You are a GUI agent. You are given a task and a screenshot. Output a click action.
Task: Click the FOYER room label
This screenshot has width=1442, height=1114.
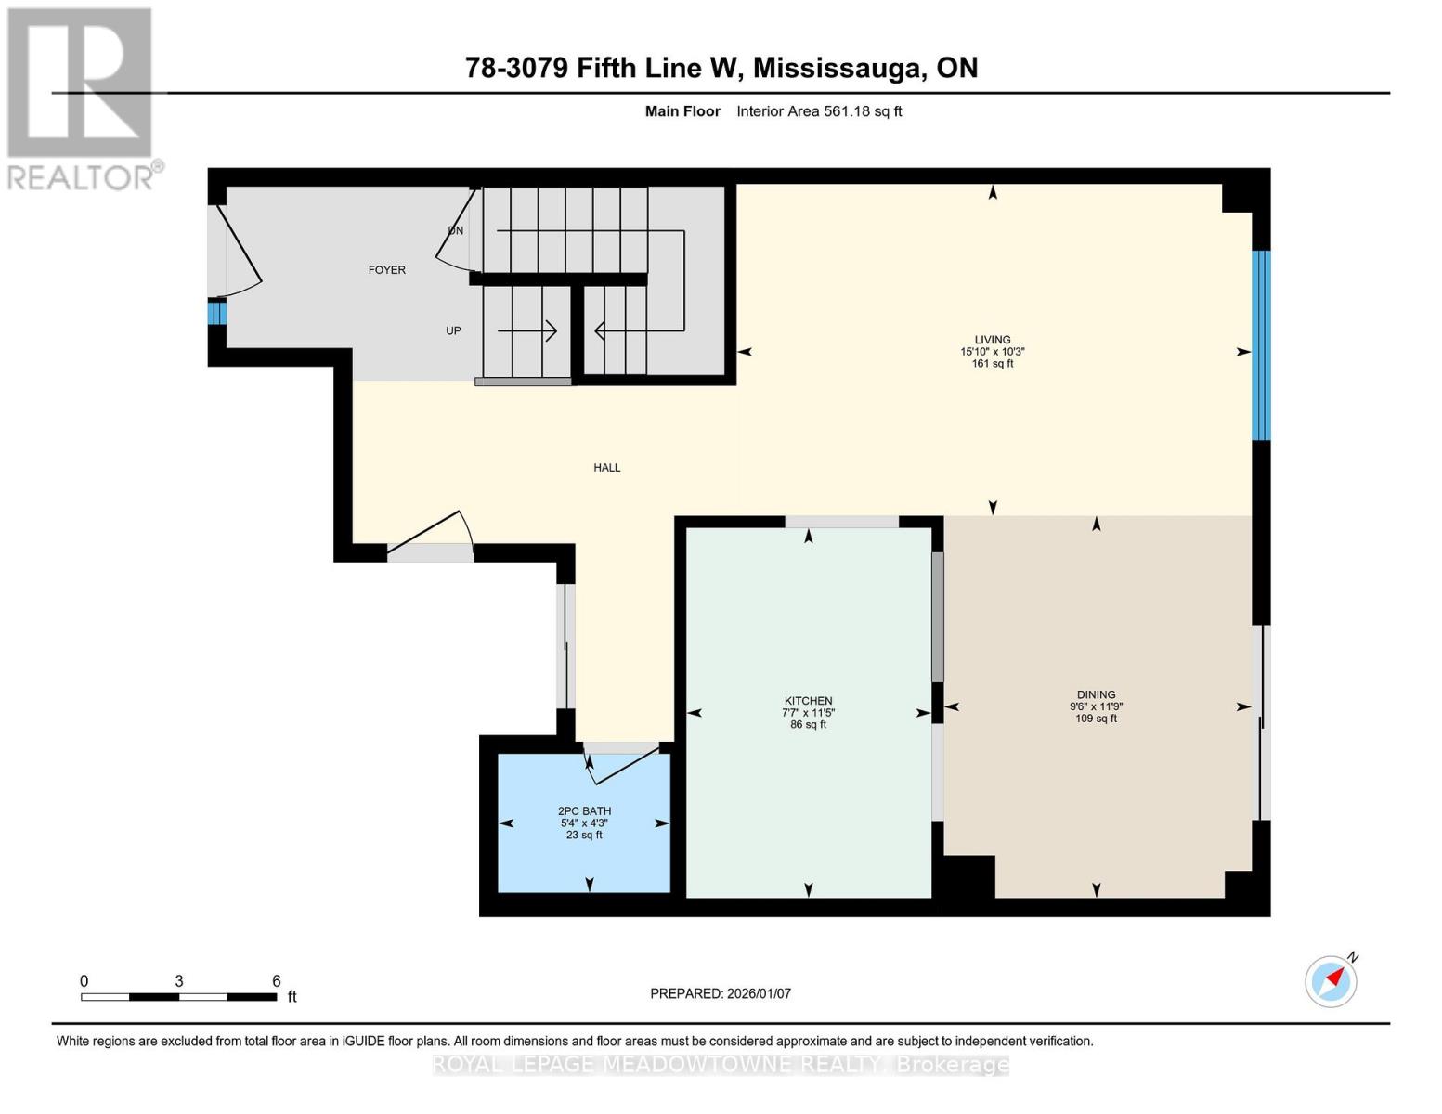386,270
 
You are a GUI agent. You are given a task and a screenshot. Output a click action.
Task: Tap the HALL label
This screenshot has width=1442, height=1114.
606,468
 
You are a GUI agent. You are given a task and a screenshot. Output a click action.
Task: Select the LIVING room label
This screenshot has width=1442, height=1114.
992,340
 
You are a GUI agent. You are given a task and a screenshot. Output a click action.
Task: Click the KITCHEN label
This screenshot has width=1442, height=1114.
808,701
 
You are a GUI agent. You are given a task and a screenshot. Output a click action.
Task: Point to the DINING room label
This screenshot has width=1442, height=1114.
1096,694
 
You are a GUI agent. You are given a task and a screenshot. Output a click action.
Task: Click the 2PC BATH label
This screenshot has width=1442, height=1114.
584,811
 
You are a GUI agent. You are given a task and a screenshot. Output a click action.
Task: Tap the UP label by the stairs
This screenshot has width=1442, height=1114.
453,330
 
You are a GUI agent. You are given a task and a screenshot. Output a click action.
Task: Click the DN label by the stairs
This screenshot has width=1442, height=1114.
456,230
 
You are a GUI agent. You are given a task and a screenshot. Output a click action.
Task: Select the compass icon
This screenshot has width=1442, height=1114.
1331,980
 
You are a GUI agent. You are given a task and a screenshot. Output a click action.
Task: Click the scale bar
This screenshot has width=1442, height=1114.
179,997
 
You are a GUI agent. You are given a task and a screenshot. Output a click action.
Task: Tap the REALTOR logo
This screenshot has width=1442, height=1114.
81,97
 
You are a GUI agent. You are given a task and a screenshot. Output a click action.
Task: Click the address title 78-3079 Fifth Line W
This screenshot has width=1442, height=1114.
721,68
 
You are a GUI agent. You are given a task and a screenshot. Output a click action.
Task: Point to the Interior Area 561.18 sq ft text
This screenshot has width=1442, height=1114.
819,111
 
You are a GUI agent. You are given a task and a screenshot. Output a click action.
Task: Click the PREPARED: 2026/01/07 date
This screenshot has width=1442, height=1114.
721,993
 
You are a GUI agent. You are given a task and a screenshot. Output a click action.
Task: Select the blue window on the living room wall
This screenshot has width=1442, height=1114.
1260,345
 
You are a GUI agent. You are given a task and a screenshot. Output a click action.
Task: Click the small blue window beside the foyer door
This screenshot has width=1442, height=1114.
216,313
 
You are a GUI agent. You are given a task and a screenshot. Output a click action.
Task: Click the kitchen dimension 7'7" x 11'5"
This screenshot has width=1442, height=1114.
808,713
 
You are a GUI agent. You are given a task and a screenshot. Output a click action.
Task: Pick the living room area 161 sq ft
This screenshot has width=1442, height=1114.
992,364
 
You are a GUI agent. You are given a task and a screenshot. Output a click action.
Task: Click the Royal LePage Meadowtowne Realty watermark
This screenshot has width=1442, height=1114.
721,1065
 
